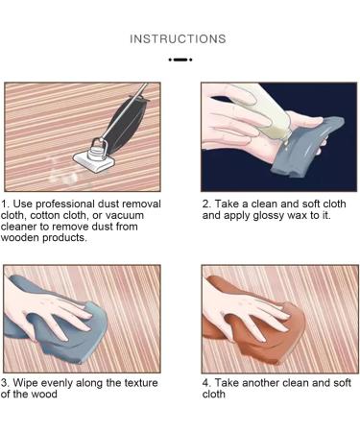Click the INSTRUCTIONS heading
click(x=178, y=39)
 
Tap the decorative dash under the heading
click(x=180, y=60)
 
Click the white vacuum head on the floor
click(x=94, y=161)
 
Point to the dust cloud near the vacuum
click(x=63, y=172)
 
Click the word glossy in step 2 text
click(x=269, y=216)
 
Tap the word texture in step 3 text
click(x=141, y=383)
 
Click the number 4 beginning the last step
click(x=205, y=383)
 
